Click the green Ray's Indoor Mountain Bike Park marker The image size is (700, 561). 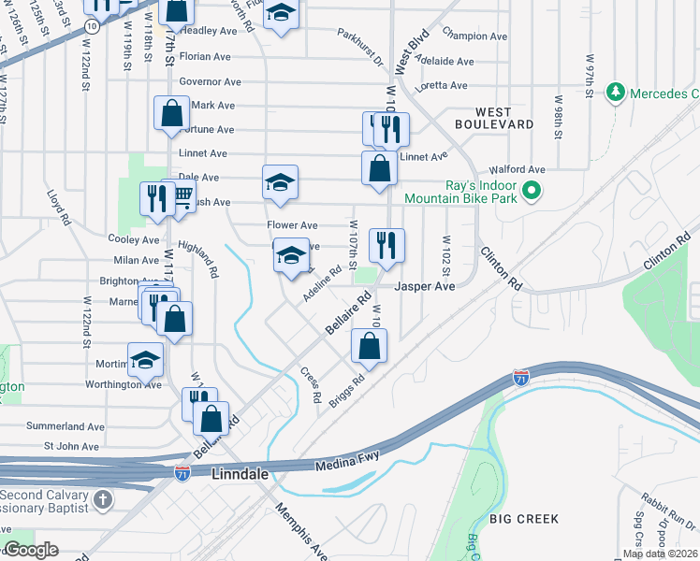(x=532, y=192)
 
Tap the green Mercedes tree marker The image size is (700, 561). (x=616, y=93)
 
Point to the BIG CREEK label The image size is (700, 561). (x=524, y=518)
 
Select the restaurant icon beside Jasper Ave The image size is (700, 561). (x=386, y=246)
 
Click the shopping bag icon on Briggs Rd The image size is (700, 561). (x=370, y=347)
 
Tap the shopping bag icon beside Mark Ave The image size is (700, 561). (x=172, y=113)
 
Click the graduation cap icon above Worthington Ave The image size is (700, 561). (x=145, y=361)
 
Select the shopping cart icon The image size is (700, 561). (x=181, y=195)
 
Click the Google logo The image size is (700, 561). (x=31, y=550)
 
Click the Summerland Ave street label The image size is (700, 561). (x=64, y=425)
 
